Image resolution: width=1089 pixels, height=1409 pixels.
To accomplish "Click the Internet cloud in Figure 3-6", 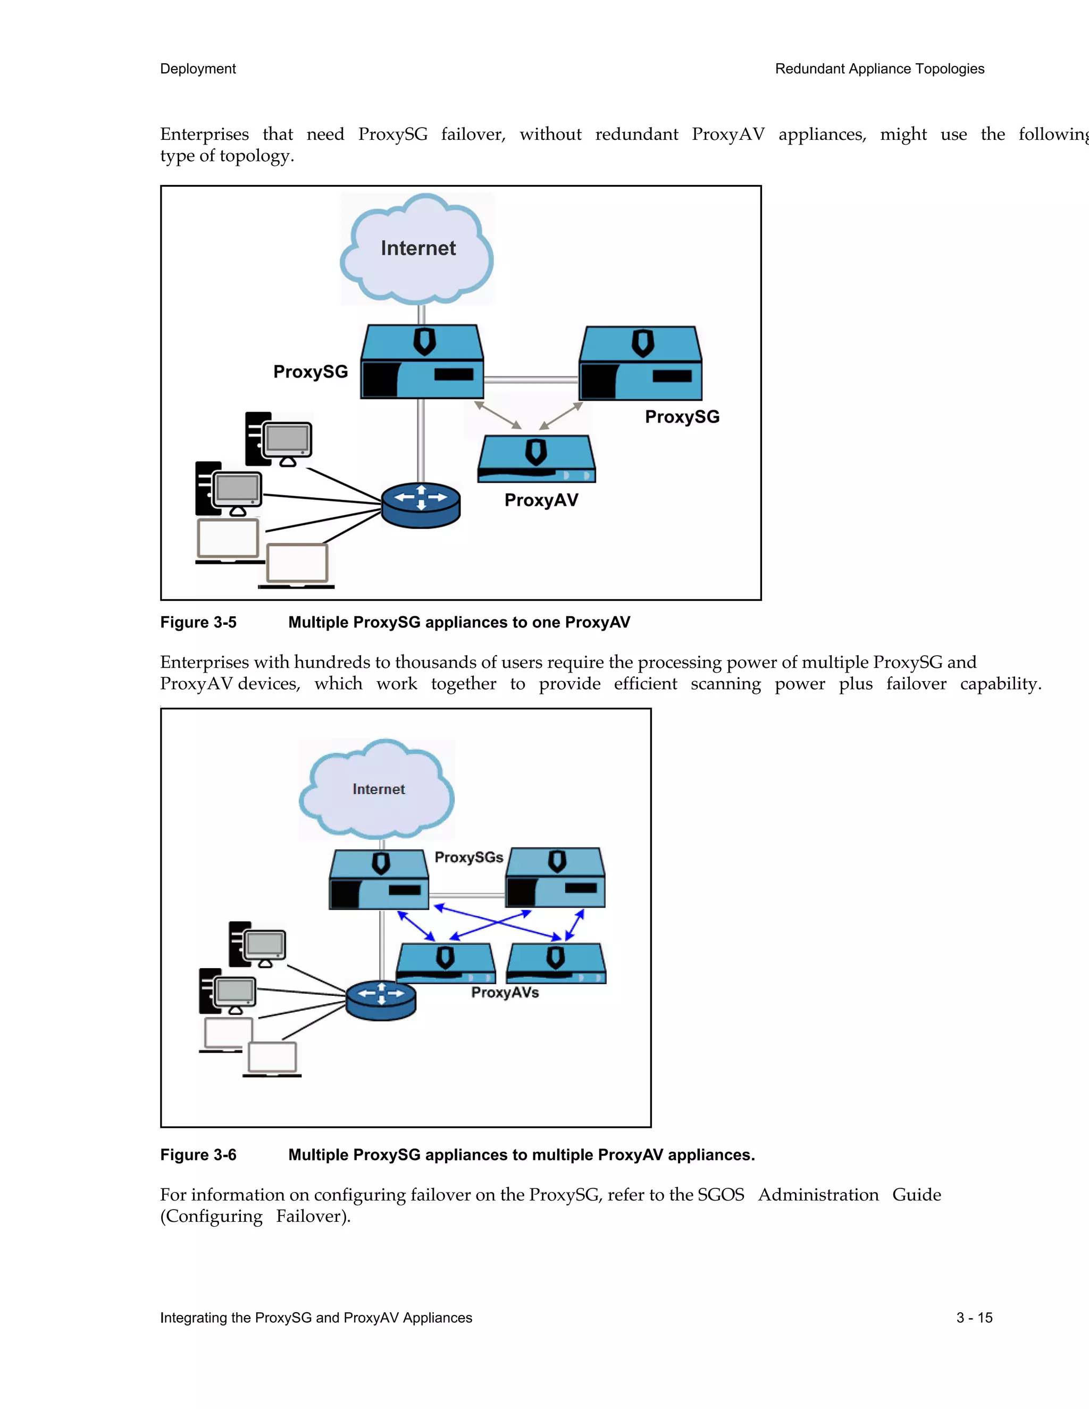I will [378, 790].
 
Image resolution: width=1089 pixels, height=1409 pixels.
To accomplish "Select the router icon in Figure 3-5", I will [421, 505].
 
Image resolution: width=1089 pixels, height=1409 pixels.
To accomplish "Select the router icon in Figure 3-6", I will [381, 1000].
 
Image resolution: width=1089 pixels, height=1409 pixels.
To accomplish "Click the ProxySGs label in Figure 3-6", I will [468, 858].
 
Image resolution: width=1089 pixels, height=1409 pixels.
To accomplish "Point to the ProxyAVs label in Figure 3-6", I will [505, 992].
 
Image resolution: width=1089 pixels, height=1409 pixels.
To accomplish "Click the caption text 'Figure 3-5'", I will [198, 622].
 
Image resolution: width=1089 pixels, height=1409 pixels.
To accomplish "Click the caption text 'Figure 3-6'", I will [198, 1155].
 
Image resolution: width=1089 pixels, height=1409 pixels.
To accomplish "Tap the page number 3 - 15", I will [974, 1318].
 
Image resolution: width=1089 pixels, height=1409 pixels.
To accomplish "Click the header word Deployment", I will [197, 69].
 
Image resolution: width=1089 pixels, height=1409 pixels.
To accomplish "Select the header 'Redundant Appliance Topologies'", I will [879, 69].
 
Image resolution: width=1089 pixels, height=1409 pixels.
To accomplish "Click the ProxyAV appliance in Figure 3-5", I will [536, 459].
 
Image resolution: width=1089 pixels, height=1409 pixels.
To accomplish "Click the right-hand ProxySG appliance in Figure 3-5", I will [640, 364].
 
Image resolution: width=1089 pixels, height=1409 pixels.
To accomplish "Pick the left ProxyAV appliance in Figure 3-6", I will [445, 963].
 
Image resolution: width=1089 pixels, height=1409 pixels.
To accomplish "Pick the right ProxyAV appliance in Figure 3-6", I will [556, 963].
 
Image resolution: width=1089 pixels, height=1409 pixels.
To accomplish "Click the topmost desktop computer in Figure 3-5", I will [279, 439].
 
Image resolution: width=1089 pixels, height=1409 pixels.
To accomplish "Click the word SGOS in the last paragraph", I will [721, 1195].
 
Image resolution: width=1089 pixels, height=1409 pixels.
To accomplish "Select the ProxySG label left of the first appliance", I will [311, 372].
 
